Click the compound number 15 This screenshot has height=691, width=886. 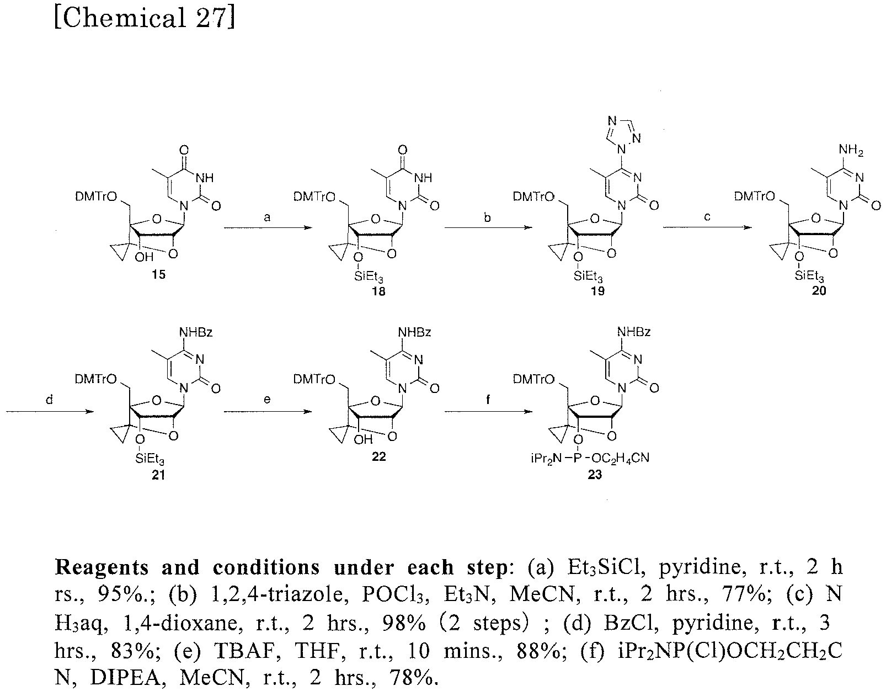coord(158,274)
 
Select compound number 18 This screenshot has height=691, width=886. coord(378,291)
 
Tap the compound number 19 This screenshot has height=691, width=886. coord(597,291)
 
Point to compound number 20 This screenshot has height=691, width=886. coord(819,291)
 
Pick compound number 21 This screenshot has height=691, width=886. coord(158,475)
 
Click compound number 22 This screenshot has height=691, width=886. coord(378,456)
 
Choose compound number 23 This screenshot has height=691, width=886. coord(595,475)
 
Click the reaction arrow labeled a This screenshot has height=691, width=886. coord(268,227)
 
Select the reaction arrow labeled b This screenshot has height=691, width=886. coord(488,227)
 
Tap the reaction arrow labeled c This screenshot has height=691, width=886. coord(707,227)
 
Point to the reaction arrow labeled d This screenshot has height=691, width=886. coord(50,412)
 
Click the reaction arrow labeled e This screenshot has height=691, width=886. coord(268,412)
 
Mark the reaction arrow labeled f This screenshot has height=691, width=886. coord(488,412)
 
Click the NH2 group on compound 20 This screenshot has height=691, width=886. coord(851,151)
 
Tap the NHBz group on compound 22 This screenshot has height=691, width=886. coord(414,332)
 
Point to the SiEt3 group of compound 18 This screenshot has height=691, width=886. coord(368,277)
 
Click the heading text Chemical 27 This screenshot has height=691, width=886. coord(145,18)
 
